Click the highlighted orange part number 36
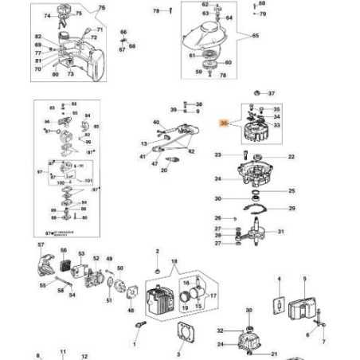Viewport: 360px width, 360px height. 225,123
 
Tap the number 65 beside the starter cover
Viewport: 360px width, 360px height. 256,37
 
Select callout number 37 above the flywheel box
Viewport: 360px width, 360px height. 271,93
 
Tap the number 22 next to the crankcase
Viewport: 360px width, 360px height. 291,157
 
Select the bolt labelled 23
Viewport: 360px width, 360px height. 229,155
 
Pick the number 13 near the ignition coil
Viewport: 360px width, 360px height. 145,143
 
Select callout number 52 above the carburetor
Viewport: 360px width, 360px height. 96,258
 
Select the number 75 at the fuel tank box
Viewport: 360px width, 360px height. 100,8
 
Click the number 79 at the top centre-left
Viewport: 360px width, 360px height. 156,11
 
